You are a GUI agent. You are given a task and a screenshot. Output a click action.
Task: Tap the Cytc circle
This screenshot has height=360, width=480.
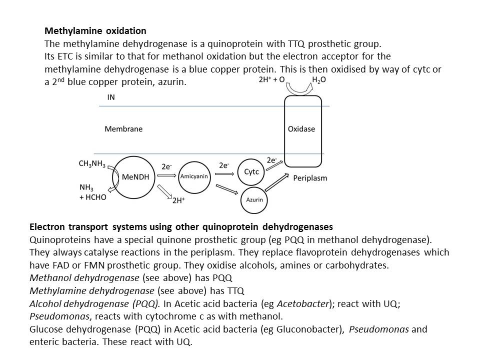(x=251, y=171)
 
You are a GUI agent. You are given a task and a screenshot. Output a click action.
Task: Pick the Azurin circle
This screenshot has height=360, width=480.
(x=254, y=199)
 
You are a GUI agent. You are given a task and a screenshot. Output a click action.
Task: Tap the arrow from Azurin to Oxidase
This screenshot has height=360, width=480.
(x=277, y=182)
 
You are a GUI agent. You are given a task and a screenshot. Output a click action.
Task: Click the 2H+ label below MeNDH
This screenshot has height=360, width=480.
(x=178, y=200)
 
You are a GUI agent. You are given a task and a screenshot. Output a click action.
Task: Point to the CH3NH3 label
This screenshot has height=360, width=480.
(x=92, y=163)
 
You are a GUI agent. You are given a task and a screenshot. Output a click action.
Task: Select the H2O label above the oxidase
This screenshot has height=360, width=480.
(x=319, y=80)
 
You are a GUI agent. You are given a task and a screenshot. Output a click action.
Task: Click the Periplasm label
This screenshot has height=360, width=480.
(x=310, y=178)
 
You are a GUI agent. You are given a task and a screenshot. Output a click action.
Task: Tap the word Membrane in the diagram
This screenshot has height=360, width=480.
(x=123, y=129)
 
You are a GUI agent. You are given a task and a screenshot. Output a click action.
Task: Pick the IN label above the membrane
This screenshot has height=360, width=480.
(x=110, y=97)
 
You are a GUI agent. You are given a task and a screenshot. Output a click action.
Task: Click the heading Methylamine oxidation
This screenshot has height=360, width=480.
(x=95, y=31)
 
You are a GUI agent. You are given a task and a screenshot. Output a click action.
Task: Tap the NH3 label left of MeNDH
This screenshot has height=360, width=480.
(x=86, y=187)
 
